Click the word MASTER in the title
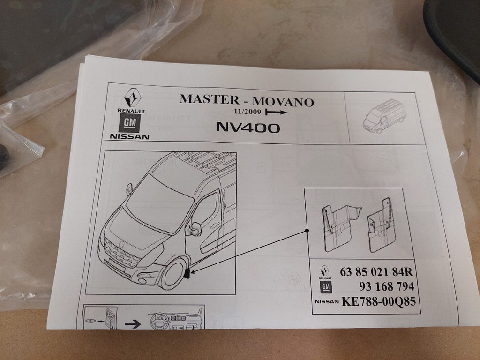[210, 99]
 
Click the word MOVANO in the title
[283, 102]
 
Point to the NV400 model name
[248, 127]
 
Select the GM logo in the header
[129, 123]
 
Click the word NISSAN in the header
[129, 136]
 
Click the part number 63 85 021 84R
[376, 272]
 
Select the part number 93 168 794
[387, 286]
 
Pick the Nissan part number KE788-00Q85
[378, 301]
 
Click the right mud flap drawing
[381, 225]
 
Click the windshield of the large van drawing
[159, 203]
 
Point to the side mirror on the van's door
[195, 229]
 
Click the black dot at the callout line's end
[307, 231]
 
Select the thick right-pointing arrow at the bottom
[133, 324]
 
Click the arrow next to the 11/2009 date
[277, 112]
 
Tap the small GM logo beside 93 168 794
[325, 287]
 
